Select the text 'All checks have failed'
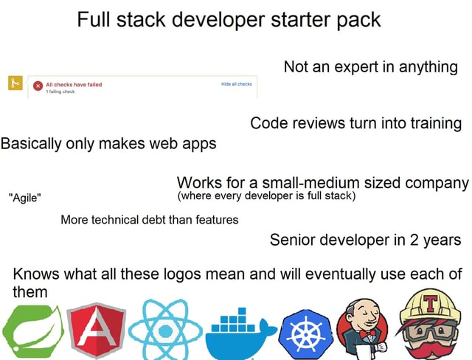point(74,84)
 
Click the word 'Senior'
point(294,239)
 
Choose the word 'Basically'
point(32,143)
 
